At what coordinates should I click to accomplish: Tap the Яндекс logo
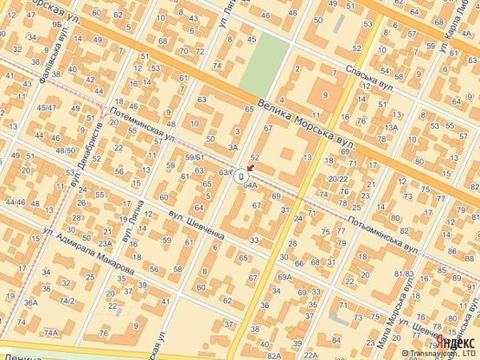click(x=457, y=342)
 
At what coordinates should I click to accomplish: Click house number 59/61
click(x=195, y=157)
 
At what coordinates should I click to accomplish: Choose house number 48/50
click(x=66, y=151)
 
